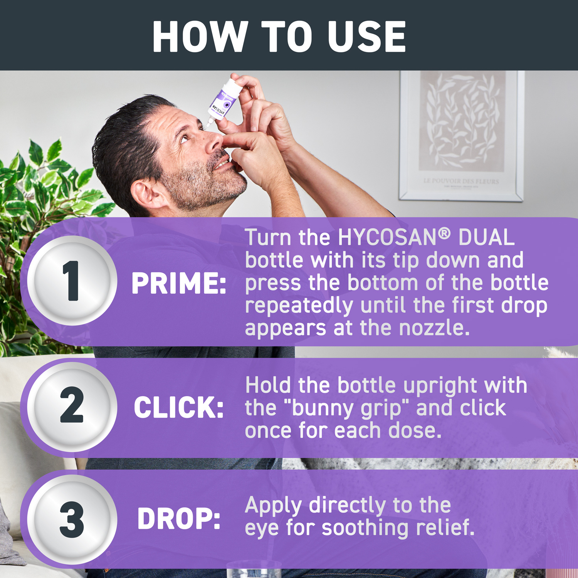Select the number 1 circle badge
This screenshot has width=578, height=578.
[x=72, y=281]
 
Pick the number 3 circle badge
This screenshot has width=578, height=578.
[x=72, y=519]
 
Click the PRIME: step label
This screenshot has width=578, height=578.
[x=179, y=284]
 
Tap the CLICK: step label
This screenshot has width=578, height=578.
[x=179, y=408]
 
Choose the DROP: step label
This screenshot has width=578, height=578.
[x=179, y=519]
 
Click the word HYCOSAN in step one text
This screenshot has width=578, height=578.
[x=387, y=237]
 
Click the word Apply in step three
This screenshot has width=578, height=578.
[x=273, y=506]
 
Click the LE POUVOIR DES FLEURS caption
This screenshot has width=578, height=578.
[x=461, y=181]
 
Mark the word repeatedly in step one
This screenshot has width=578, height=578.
[x=299, y=306]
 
